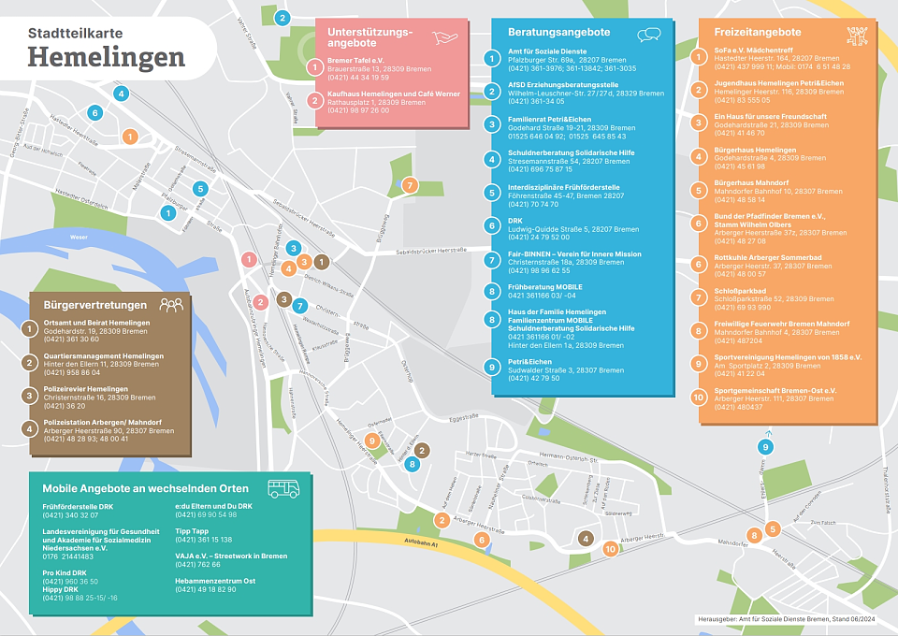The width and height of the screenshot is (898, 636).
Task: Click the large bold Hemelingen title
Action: pyautogui.click(x=106, y=57)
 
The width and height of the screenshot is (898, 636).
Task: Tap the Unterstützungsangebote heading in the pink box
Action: pyautogui.click(x=370, y=37)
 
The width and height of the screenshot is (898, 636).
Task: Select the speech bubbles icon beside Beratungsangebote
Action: pyautogui.click(x=648, y=35)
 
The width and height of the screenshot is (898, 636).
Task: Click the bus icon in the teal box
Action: pyautogui.click(x=283, y=488)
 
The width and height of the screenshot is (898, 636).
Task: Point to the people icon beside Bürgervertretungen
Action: pyautogui.click(x=171, y=305)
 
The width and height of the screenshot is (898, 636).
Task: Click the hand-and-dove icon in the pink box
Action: pyautogui.click(x=446, y=36)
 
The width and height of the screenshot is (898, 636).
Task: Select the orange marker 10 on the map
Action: pyautogui.click(x=610, y=549)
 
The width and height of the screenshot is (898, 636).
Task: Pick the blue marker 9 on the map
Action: pyautogui.click(x=765, y=447)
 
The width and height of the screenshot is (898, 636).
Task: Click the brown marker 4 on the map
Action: pyautogui.click(x=585, y=538)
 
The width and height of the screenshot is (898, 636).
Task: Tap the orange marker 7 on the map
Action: pyautogui.click(x=409, y=185)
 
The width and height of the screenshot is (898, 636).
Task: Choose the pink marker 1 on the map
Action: pyautogui.click(x=249, y=259)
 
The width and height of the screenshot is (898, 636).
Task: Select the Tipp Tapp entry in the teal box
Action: pyautogui.click(x=191, y=530)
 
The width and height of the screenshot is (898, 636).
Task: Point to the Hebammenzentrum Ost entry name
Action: pyautogui.click(x=215, y=580)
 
